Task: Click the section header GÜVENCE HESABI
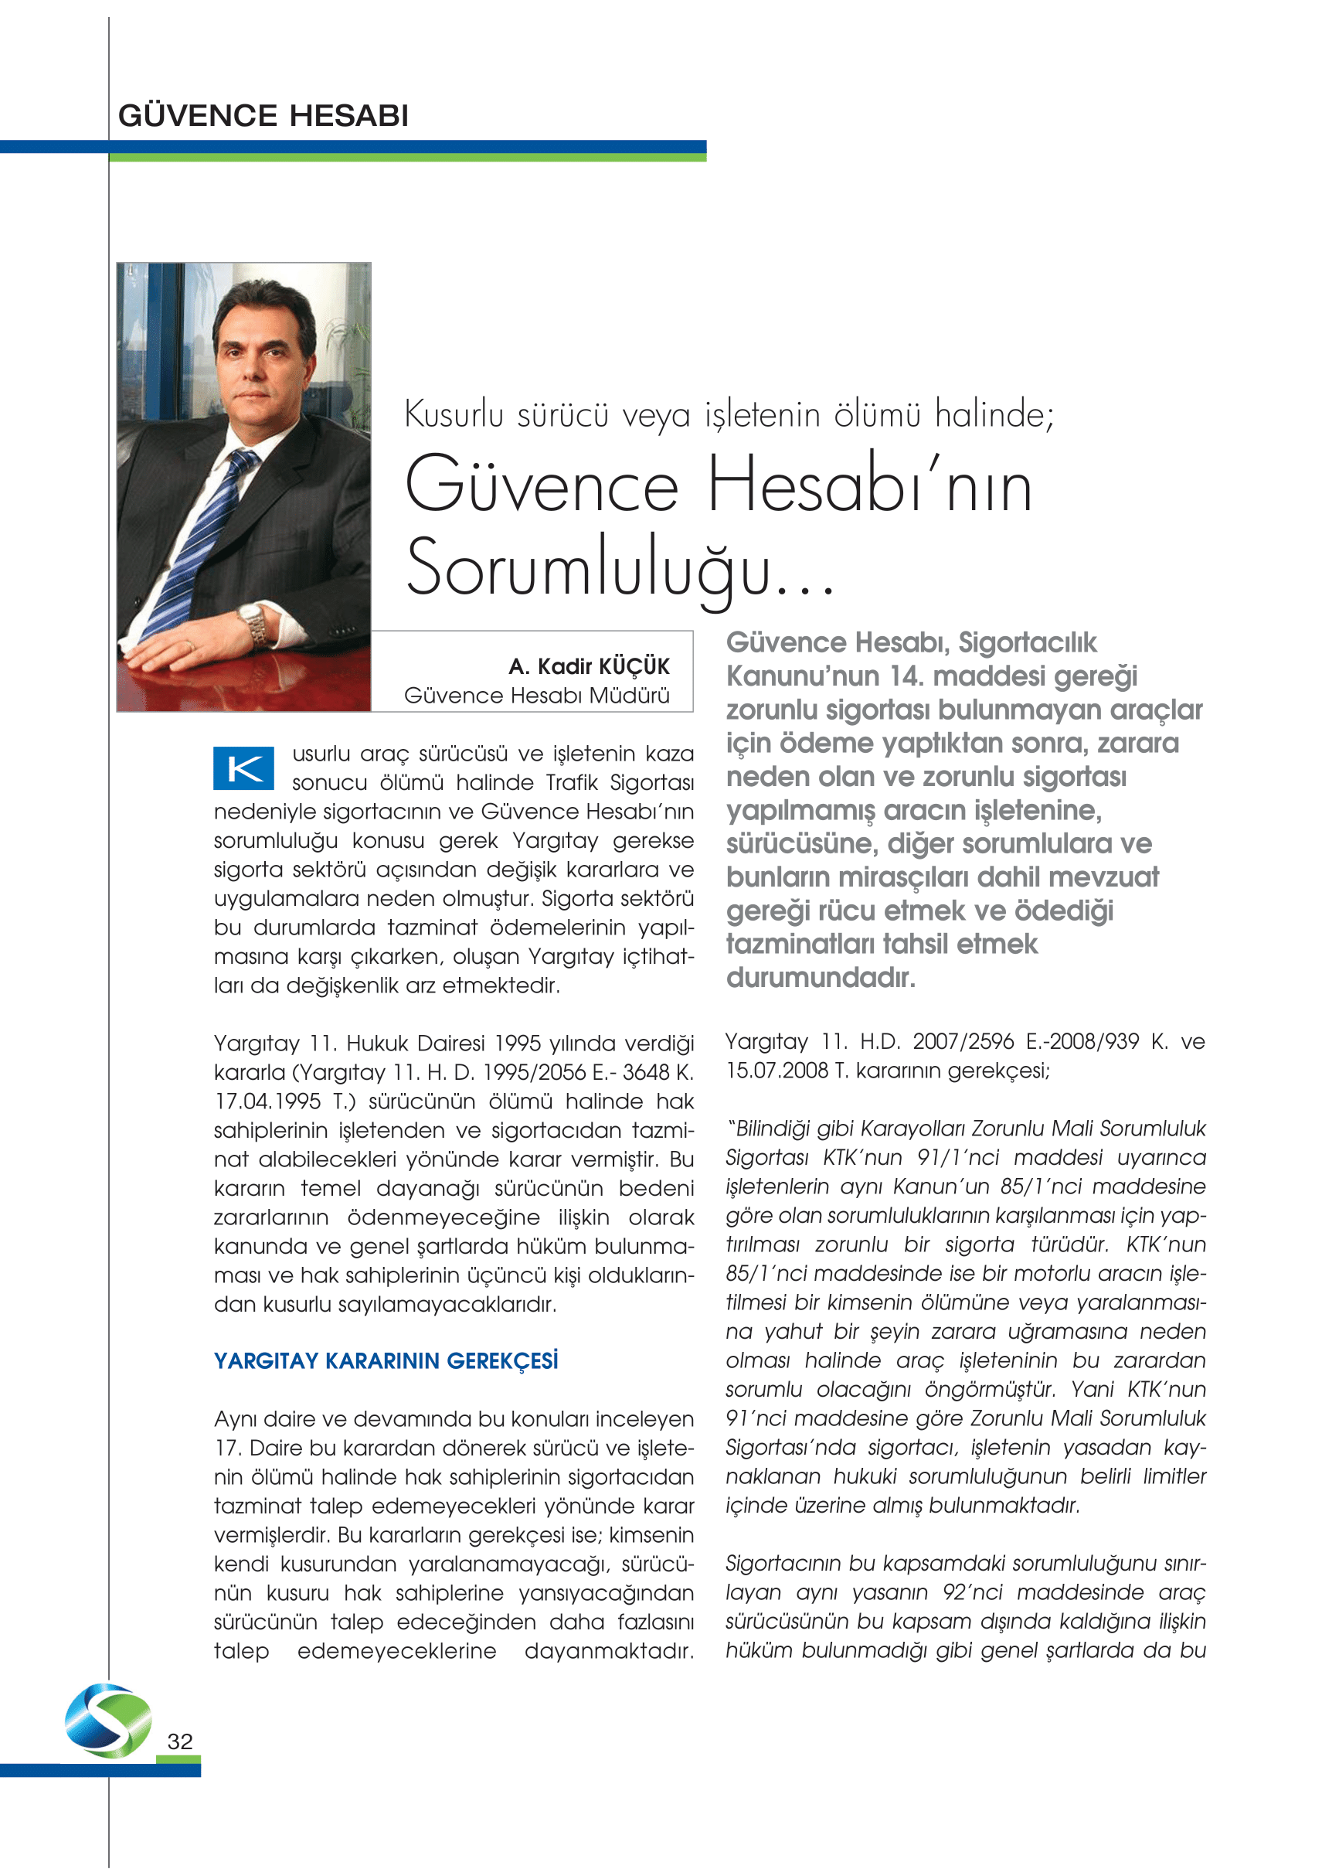263,116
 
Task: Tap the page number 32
179,1741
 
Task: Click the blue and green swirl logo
108,1721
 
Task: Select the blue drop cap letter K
243,768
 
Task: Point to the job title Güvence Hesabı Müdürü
536,696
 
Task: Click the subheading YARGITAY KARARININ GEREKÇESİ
386,1360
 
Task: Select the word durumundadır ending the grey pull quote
820,979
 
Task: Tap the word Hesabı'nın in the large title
868,487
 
